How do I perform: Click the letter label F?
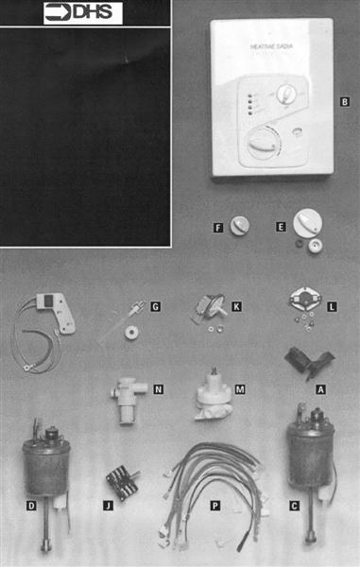pyautogui.click(x=218, y=228)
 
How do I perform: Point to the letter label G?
pyautogui.click(x=157, y=305)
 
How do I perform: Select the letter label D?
pyautogui.click(x=32, y=506)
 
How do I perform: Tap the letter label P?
pyautogui.click(x=215, y=506)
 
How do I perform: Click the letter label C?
pyautogui.click(x=295, y=506)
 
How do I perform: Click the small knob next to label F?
pyautogui.click(x=241, y=226)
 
